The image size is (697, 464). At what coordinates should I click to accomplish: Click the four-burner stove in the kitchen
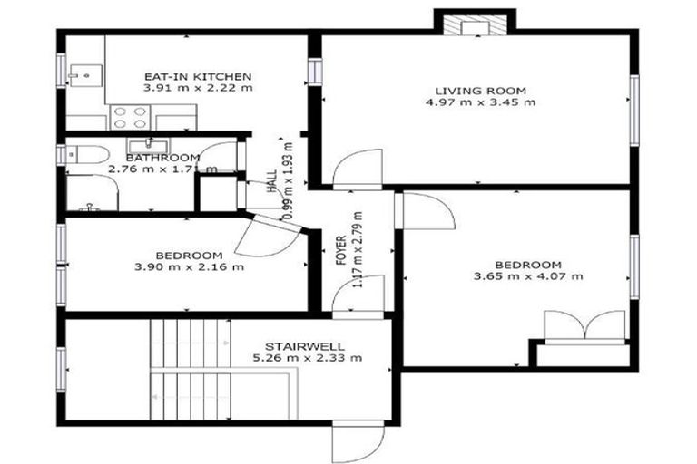point(130,117)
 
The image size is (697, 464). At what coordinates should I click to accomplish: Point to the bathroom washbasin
point(142,147)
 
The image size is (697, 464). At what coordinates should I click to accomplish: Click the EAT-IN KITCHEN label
point(198,76)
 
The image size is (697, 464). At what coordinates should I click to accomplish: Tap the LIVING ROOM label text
point(480,91)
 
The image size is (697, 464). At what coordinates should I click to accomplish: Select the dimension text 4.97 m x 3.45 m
point(480,102)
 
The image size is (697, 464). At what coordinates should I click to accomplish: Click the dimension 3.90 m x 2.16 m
point(189,266)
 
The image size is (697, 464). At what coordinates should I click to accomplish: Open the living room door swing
point(350,170)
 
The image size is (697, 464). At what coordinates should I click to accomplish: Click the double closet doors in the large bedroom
point(584,325)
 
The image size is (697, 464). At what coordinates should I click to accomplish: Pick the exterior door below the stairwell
point(351,442)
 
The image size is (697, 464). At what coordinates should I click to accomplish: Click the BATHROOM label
point(163,158)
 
